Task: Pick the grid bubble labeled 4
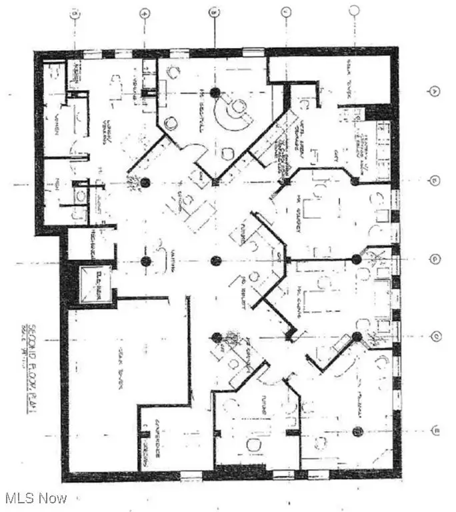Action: click(x=143, y=12)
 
